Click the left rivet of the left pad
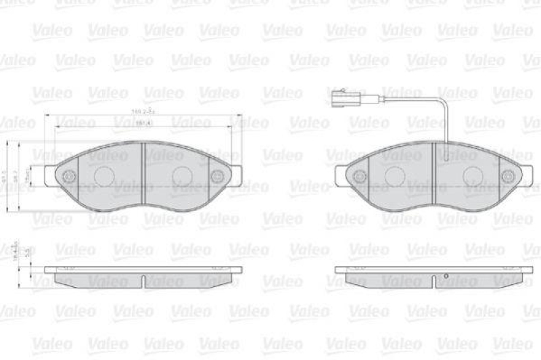pos(68,177)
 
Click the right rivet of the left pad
pos(217,177)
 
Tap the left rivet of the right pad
pos(360,176)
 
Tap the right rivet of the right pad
pos(508,177)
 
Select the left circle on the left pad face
pos(103,177)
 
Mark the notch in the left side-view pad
pos(143,279)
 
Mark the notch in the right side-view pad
pos(433,279)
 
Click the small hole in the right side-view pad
pos(447,276)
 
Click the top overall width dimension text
pos(143,111)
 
